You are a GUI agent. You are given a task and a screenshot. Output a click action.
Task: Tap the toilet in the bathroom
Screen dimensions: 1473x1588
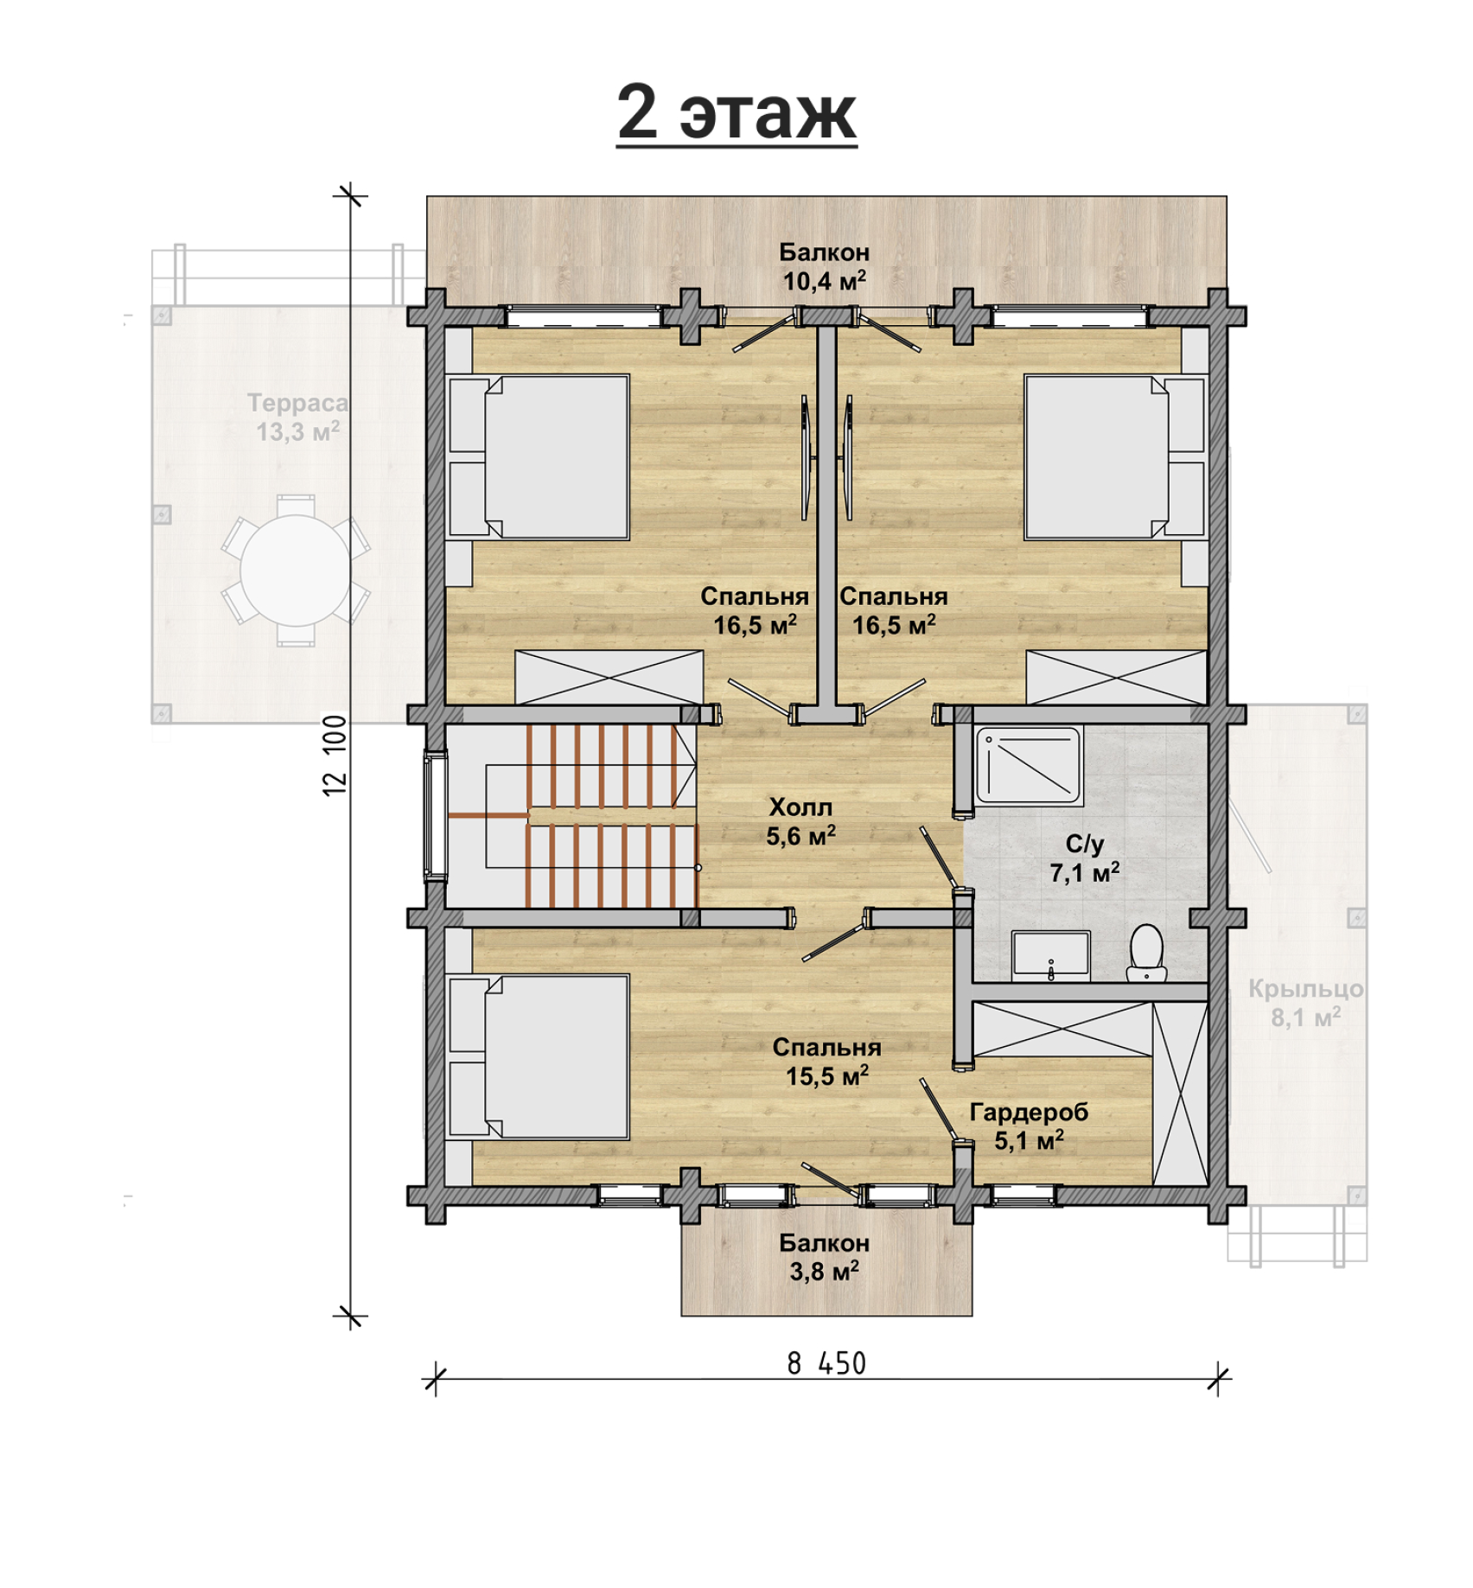pyautogui.click(x=1147, y=953)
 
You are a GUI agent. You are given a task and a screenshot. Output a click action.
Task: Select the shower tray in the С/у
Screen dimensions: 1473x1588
pyautogui.click(x=1029, y=765)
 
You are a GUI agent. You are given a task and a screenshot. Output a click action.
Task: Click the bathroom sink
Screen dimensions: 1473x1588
pyautogui.click(x=1050, y=954)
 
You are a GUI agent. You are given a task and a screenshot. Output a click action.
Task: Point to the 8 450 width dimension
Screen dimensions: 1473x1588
pyautogui.click(x=826, y=1363)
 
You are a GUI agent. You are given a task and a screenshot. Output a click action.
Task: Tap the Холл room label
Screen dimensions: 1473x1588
pyautogui.click(x=801, y=807)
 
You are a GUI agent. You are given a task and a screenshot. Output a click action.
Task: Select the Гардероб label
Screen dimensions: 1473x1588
pyautogui.click(x=1029, y=1112)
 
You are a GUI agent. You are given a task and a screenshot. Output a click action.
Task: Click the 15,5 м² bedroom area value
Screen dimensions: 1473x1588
pyautogui.click(x=827, y=1075)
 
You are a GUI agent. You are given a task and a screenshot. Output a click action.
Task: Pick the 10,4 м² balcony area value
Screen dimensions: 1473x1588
pyautogui.click(x=825, y=280)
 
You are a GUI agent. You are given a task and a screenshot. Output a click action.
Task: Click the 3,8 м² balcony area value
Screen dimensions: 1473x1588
pyautogui.click(x=825, y=1271)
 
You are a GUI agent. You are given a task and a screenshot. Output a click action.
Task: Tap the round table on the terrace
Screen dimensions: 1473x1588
pyautogui.click(x=296, y=571)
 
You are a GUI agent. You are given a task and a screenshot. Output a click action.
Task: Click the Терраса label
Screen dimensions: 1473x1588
pyautogui.click(x=297, y=403)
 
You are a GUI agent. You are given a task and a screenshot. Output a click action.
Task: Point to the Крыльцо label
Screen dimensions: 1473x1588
pyautogui.click(x=1305, y=988)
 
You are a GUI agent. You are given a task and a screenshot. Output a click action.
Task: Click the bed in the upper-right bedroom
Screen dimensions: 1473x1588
pyautogui.click(x=1115, y=456)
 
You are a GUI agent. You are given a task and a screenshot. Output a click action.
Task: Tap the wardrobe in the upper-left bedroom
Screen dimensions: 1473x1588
pyautogui.click(x=609, y=677)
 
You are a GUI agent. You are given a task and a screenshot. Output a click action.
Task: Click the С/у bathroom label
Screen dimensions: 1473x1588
pyautogui.click(x=1085, y=844)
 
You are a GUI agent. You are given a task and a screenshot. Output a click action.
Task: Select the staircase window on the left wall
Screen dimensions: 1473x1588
pyautogui.click(x=435, y=816)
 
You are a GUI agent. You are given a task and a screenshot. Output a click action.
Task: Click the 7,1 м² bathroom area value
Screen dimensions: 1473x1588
pyautogui.click(x=1085, y=872)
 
